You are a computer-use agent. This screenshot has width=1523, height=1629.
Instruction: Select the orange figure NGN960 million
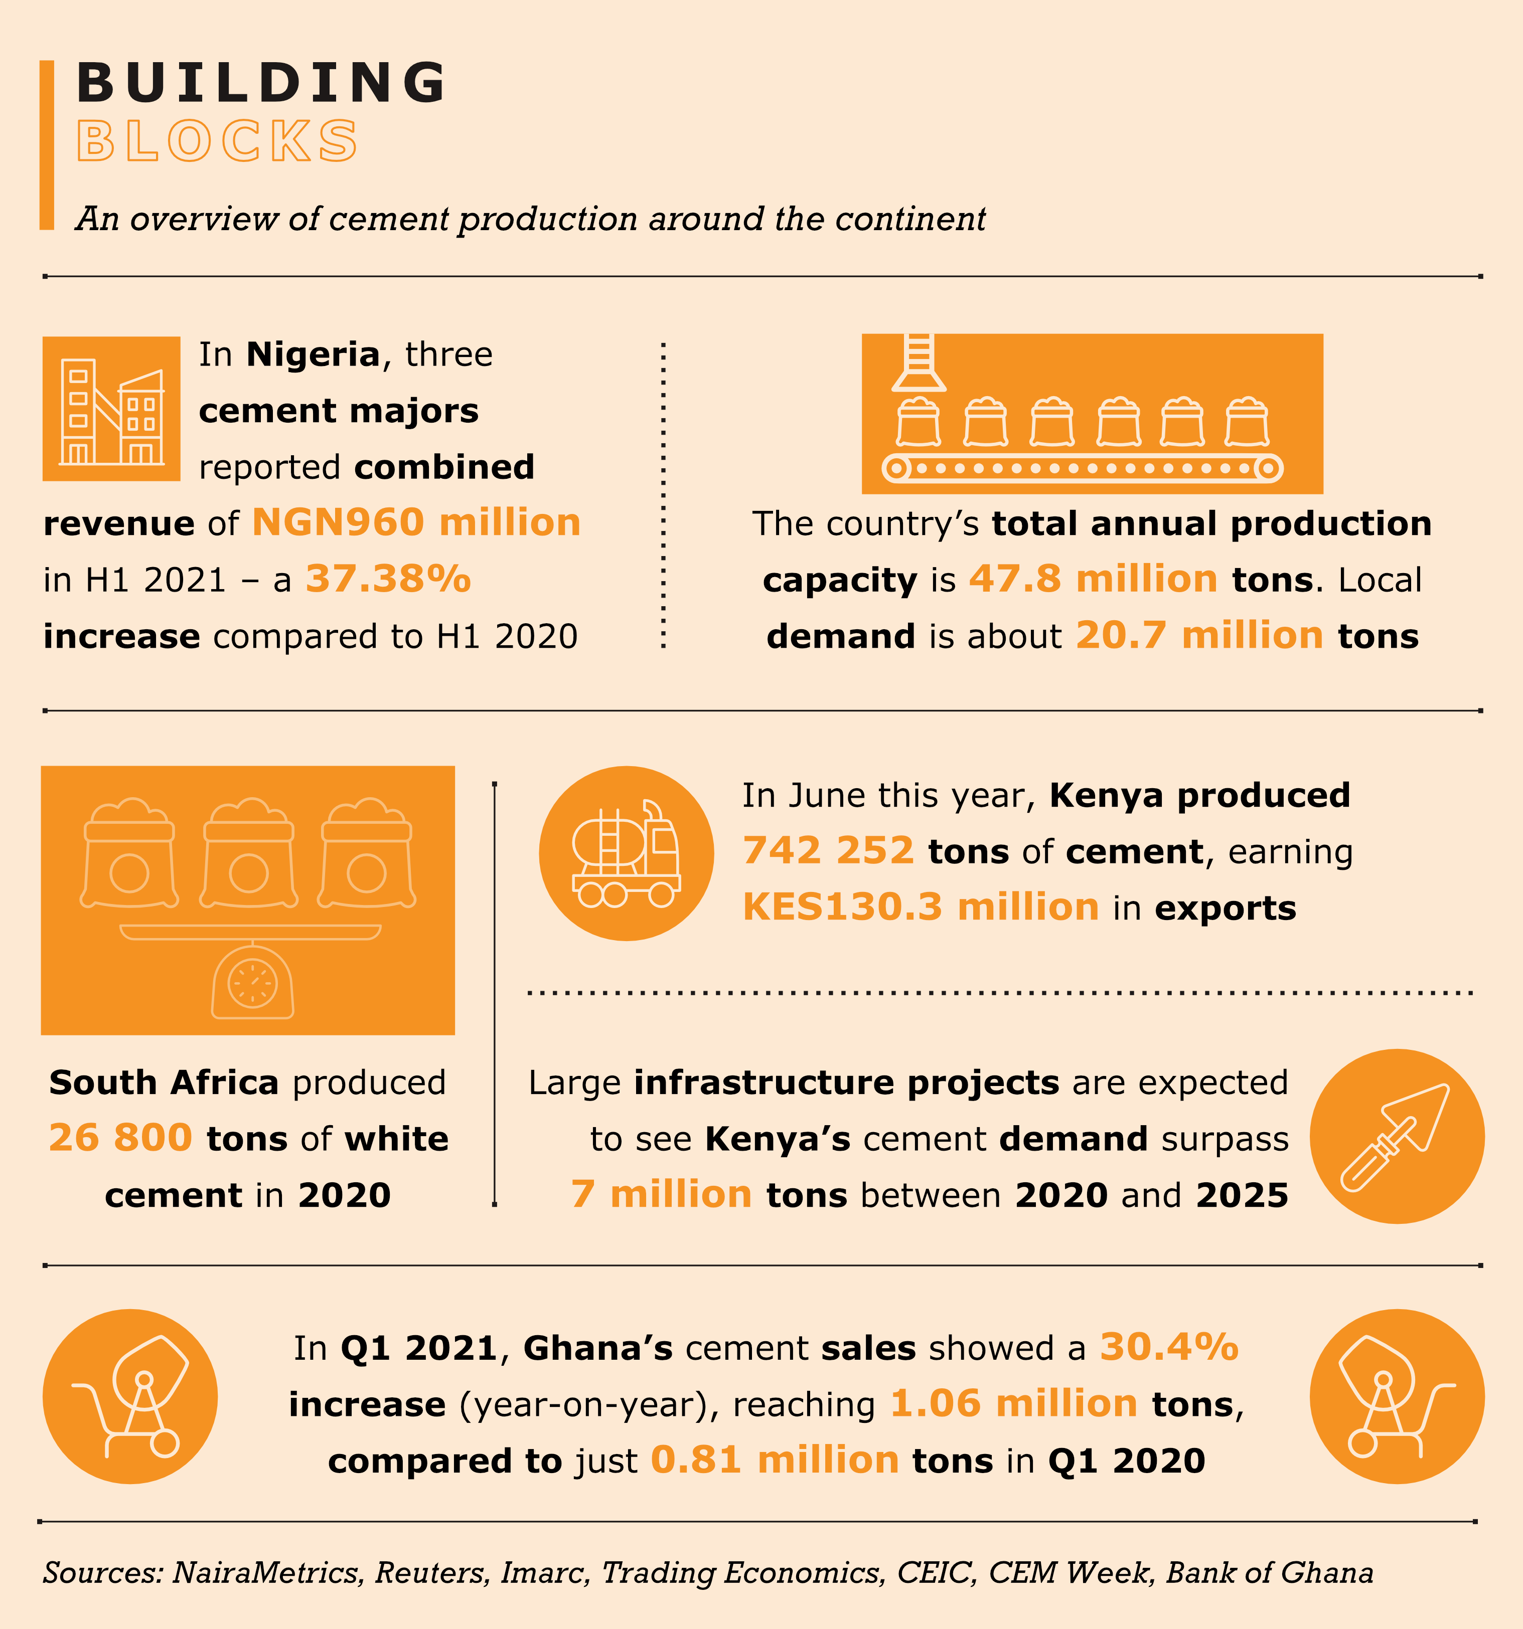pyautogui.click(x=415, y=523)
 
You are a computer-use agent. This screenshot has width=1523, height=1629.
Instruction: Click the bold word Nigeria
pyautogui.click(x=313, y=355)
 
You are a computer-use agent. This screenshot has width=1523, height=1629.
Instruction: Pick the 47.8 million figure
pyautogui.click(x=1093, y=579)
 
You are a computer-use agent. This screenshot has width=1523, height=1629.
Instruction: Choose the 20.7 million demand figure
pyautogui.click(x=1199, y=636)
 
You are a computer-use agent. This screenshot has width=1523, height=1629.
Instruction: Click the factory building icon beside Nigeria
pyautogui.click(x=111, y=409)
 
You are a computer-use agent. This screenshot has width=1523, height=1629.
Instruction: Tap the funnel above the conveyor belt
pyautogui.click(x=919, y=364)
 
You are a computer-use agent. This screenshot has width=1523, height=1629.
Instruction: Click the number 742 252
pyautogui.click(x=828, y=851)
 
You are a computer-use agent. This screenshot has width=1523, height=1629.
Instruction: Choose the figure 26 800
pyautogui.click(x=120, y=1138)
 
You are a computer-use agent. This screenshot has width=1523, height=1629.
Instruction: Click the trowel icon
pyautogui.click(x=1396, y=1137)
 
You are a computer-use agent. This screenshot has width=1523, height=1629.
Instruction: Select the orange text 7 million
pyautogui.click(x=661, y=1195)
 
